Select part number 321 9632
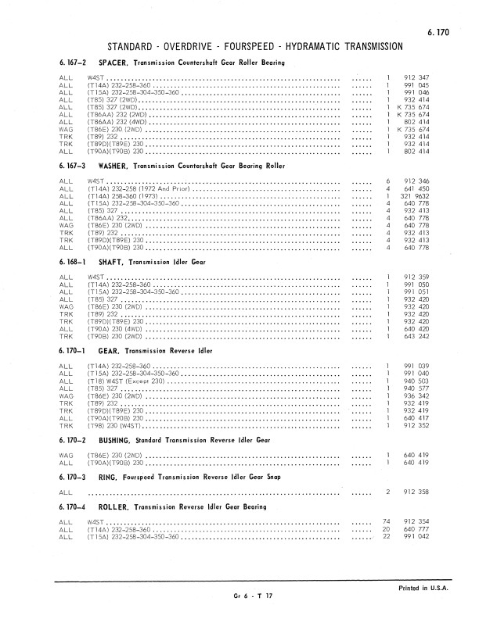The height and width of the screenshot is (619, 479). click(416, 197)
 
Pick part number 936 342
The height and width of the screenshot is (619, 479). click(416, 396)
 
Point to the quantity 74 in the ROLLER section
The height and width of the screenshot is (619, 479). click(386, 521)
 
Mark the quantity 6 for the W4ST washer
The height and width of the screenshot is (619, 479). click(388, 181)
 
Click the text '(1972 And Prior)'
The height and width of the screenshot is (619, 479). click(163, 189)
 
